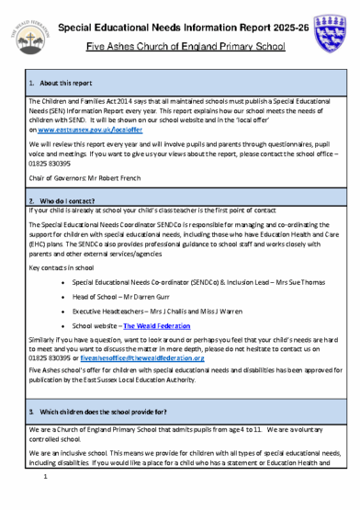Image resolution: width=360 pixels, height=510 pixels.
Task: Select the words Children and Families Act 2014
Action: (x=87, y=100)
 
